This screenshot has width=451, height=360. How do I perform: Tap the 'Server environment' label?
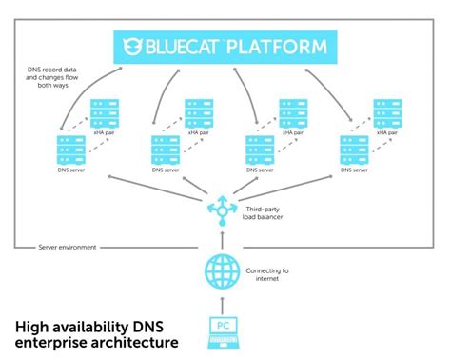coord(66,247)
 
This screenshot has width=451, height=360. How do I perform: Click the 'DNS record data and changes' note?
coord(59,75)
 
